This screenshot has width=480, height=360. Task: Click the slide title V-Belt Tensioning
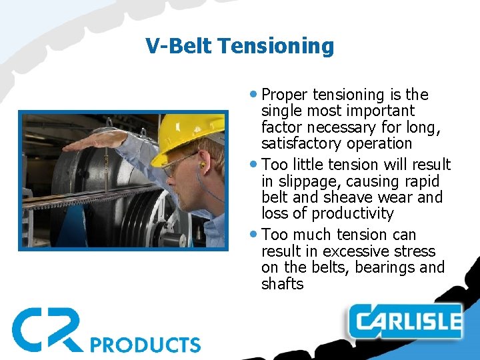click(x=239, y=46)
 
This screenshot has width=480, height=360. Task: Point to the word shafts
click(x=282, y=284)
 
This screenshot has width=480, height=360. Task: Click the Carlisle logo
click(x=406, y=323)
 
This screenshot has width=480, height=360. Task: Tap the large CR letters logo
click(x=47, y=329)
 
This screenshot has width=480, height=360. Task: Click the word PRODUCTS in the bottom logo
click(x=145, y=344)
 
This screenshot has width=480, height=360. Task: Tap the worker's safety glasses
click(x=177, y=163)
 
